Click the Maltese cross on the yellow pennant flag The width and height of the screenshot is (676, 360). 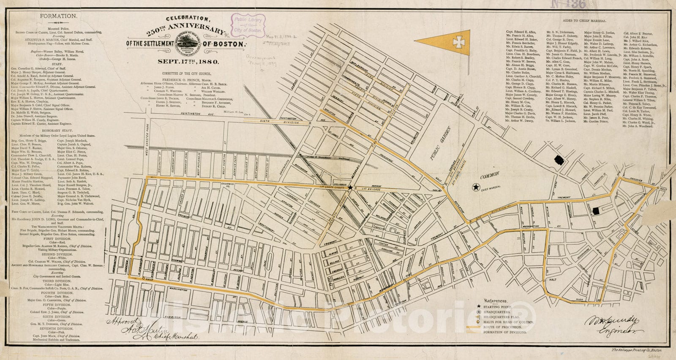tap(456, 41)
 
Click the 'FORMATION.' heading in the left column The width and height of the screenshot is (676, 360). tap(64, 16)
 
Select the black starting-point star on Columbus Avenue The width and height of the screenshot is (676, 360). tap(350, 188)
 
